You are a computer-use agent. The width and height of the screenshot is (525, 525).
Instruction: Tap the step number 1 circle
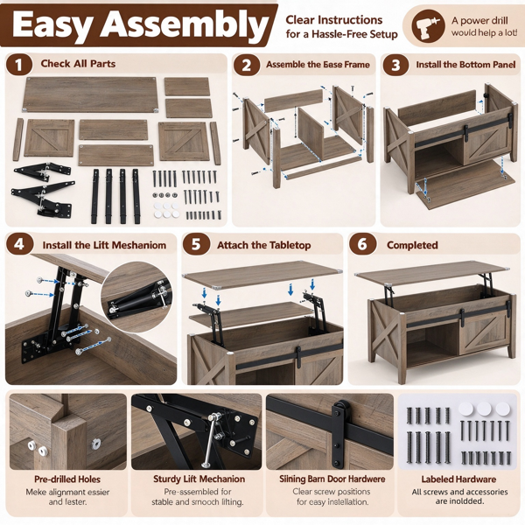point(18,65)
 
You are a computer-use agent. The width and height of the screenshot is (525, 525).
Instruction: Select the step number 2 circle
point(246,65)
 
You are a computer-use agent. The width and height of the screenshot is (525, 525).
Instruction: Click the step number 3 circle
point(395,65)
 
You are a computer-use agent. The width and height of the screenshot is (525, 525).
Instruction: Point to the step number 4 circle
point(19,244)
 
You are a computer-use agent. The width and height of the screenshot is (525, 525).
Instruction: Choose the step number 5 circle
point(196,244)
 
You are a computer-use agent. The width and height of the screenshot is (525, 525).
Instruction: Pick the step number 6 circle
point(362,244)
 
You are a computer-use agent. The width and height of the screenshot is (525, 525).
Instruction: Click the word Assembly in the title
point(185,25)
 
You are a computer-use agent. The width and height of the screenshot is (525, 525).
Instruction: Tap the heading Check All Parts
point(78,64)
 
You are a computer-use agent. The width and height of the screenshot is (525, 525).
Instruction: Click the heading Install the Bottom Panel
point(465,64)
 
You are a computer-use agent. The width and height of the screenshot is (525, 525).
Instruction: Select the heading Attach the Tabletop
point(264,245)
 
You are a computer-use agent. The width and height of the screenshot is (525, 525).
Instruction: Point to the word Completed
point(412,245)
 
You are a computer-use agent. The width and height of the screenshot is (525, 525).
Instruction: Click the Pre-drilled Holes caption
point(67,479)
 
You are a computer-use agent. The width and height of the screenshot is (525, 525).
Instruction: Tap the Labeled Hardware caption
point(458,479)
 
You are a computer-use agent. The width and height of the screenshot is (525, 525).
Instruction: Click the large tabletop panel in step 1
point(90,94)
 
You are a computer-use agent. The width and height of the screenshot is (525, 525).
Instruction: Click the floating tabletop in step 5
point(262,275)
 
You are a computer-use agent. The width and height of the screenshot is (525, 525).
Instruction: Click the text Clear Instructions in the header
point(334,20)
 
